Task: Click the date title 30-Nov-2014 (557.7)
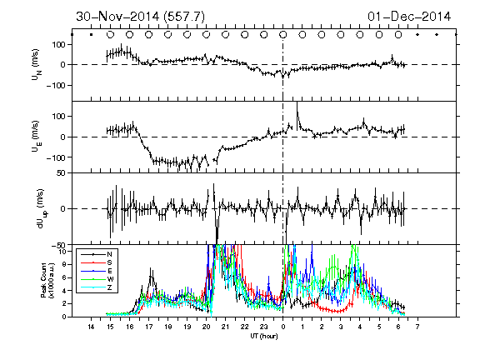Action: (x=140, y=17)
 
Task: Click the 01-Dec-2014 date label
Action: (x=409, y=17)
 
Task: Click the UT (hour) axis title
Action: (x=264, y=336)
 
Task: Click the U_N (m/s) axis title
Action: (x=36, y=65)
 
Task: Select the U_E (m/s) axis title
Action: (x=36, y=136)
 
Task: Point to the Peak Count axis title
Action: (x=47, y=280)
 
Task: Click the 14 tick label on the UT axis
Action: (x=91, y=327)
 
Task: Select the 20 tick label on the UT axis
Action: (x=206, y=327)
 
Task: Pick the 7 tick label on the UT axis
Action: (x=417, y=327)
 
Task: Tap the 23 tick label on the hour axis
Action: (x=263, y=327)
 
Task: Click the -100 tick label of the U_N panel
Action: (x=56, y=85)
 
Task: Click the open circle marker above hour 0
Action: (x=283, y=35)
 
